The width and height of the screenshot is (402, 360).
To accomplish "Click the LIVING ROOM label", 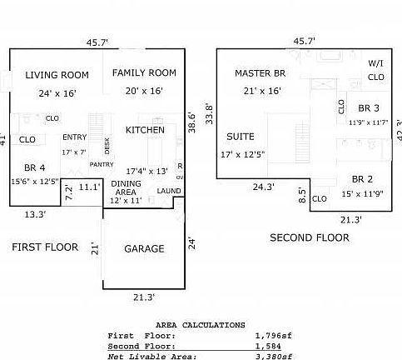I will (57, 75).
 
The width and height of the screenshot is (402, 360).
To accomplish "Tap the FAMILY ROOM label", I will (144, 72).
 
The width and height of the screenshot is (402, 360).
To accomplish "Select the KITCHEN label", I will (145, 130).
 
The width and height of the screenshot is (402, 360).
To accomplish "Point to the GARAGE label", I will (144, 248).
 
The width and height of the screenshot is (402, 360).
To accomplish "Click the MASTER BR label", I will (260, 73).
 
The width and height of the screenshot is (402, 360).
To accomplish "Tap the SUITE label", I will (241, 137).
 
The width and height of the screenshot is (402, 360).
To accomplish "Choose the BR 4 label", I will (35, 167).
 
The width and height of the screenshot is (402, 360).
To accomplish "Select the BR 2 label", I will (361, 179).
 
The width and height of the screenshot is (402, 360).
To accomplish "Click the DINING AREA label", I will (126, 187).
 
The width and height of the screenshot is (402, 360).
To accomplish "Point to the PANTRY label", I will (102, 165).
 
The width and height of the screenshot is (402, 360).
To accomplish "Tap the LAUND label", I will (169, 191).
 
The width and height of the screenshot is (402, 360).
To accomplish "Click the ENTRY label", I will (74, 137).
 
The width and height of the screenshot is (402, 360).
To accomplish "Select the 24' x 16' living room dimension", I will (57, 92).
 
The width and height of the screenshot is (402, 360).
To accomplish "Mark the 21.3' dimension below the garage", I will (143, 296).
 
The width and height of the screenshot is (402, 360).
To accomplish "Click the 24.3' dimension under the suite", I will (263, 187).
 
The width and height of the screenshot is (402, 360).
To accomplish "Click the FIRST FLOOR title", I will (45, 247).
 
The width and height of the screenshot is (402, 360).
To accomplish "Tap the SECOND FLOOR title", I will (310, 237).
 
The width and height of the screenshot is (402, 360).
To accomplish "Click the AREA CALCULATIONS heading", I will (200, 325).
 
